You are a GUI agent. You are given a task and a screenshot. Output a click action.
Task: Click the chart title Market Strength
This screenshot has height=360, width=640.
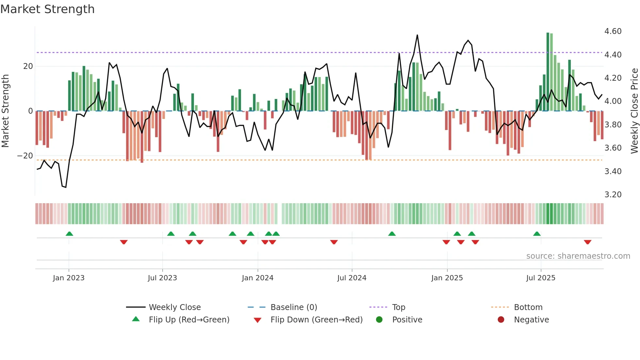coord(47,9)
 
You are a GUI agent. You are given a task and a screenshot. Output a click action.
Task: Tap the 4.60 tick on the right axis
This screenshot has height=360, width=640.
coord(613,31)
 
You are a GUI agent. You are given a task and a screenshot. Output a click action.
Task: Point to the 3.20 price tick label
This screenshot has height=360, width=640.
coord(613,195)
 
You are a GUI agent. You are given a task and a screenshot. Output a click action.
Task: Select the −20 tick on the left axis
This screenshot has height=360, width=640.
coord(25,156)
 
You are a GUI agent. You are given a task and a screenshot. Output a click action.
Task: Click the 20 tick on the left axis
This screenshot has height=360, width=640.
coord(28,66)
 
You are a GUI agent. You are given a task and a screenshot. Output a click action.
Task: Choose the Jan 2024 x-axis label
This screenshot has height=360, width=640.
coord(257,278)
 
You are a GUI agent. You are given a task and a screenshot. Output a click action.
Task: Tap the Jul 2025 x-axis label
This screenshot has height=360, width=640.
coord(540,278)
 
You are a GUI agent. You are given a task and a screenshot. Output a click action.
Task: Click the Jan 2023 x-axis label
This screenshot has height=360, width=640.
coord(69,278)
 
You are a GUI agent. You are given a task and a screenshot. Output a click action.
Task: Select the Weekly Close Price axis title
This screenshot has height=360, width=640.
coord(634,111)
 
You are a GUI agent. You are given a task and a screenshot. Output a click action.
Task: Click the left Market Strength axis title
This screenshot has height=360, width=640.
coord(5,111)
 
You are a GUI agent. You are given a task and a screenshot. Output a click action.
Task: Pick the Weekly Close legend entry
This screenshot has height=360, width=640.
coord(174,307)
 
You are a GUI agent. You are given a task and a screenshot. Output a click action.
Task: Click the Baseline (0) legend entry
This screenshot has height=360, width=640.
coord(294,307)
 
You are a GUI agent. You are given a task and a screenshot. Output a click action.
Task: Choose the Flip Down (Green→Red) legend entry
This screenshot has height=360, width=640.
coord(316,320)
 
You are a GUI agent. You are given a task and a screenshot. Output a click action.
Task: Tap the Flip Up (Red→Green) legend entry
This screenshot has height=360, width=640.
coord(189,320)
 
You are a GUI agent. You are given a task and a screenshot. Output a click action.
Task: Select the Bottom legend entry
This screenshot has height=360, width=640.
coord(528,307)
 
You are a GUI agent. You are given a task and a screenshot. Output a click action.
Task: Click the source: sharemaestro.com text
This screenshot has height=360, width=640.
coord(578,256)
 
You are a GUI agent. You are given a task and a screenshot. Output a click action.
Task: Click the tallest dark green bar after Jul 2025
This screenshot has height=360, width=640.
coord(548,72)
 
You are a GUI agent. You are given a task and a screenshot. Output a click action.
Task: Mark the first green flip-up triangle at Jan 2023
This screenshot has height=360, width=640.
coord(69,234)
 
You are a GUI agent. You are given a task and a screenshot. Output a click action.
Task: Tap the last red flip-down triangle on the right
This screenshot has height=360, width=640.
coord(587,242)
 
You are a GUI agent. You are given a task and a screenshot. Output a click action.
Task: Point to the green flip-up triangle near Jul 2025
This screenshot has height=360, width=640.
coord(537,234)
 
